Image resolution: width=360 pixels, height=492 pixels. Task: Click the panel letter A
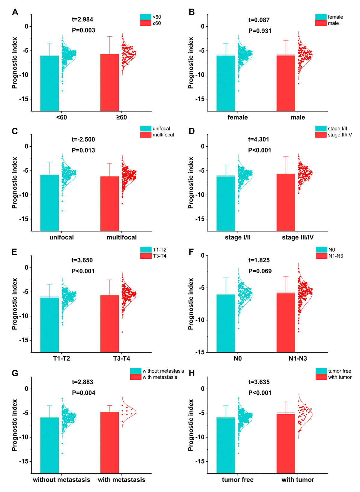pos(15,12)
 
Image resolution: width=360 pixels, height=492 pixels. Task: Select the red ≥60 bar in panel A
pos(109,82)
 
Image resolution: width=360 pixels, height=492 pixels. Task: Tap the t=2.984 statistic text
pos(82,19)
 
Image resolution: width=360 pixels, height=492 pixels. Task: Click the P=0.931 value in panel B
pos(260,31)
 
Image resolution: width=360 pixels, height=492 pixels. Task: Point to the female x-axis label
pos(238,118)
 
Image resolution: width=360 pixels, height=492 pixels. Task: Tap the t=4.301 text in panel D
pos(259,139)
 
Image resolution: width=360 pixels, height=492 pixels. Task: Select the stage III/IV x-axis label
pos(298,237)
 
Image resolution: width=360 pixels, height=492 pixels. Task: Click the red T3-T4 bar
pos(109,324)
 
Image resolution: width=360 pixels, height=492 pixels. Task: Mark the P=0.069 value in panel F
pos(260,271)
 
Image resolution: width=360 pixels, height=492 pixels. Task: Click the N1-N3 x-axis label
pos(298,359)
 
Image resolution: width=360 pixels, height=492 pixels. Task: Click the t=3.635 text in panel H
pos(259,382)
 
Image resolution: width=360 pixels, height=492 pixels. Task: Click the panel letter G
pos(15,373)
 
